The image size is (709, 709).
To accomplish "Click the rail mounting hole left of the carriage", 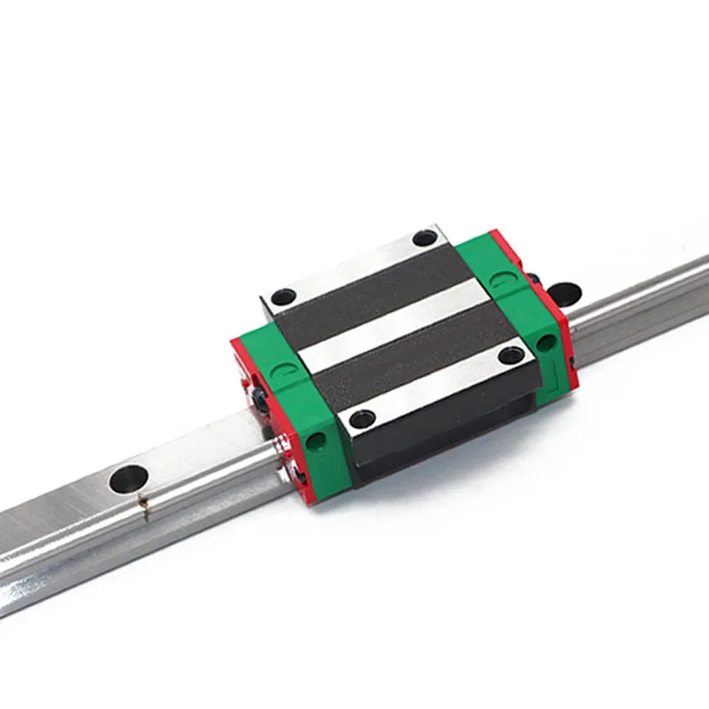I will pyautogui.click(x=129, y=479).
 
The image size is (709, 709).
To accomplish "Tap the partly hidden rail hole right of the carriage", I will pyautogui.click(x=565, y=292).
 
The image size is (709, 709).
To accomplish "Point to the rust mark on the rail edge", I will pyautogui.click(x=143, y=508).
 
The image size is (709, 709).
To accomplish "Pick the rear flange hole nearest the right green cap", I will pyautogui.click(x=425, y=238).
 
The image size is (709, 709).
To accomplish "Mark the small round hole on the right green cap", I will pyautogui.click(x=548, y=341).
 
